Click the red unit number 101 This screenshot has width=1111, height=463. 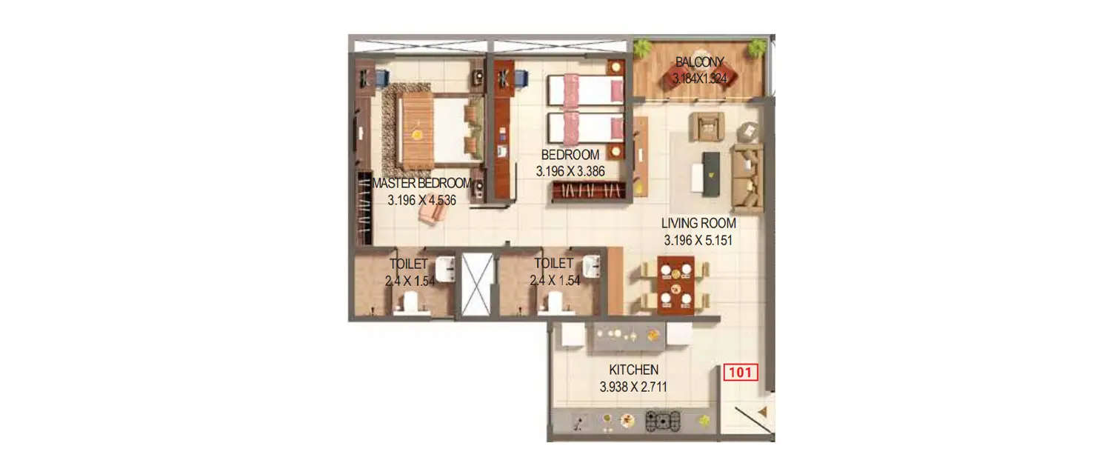741,372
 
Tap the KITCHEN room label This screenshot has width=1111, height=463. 633,370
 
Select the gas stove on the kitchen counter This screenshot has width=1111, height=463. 662,422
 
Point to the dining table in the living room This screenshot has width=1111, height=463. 675,285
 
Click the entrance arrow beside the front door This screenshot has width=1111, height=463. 762,409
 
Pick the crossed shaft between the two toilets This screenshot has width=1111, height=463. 477,285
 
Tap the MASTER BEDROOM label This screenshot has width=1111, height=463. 421,184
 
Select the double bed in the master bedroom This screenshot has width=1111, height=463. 434,128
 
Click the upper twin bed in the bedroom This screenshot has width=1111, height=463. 585,90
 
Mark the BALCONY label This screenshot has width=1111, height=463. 699,62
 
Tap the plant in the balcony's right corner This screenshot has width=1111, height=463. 756,49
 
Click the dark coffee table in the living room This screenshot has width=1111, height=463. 711,174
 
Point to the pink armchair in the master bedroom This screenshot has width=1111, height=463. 433,213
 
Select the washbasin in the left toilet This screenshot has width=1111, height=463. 445,270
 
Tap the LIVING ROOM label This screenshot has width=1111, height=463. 698,223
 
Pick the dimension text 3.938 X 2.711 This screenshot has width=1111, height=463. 633,386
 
